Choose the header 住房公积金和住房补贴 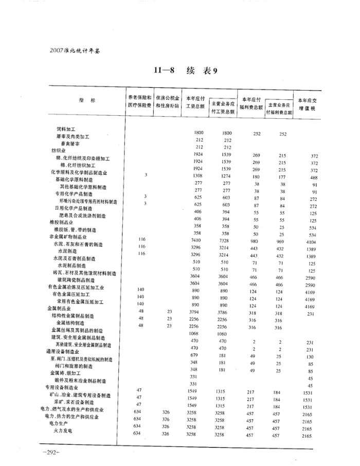point(167,101)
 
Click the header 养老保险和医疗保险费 point(139,101)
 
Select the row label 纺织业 point(58,151)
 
